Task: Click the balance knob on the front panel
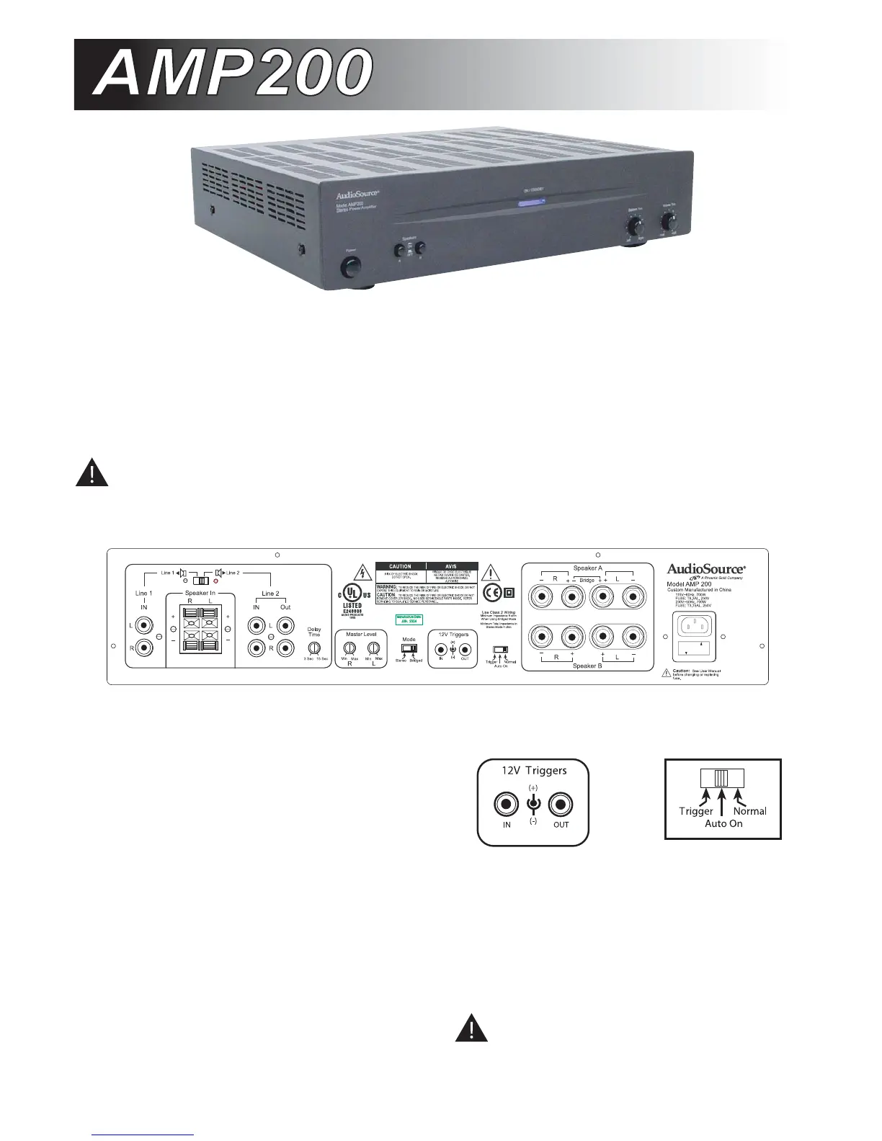coord(635,227)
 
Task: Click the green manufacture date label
coord(409,618)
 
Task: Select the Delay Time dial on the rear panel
coord(314,648)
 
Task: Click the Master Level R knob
coord(349,648)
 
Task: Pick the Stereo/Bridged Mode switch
coord(409,648)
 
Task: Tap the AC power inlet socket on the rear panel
coord(697,625)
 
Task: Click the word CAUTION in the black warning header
coord(401,566)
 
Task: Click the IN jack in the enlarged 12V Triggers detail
coord(507,804)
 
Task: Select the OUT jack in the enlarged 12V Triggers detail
coord(561,804)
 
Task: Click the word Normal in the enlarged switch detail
coord(749,811)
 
